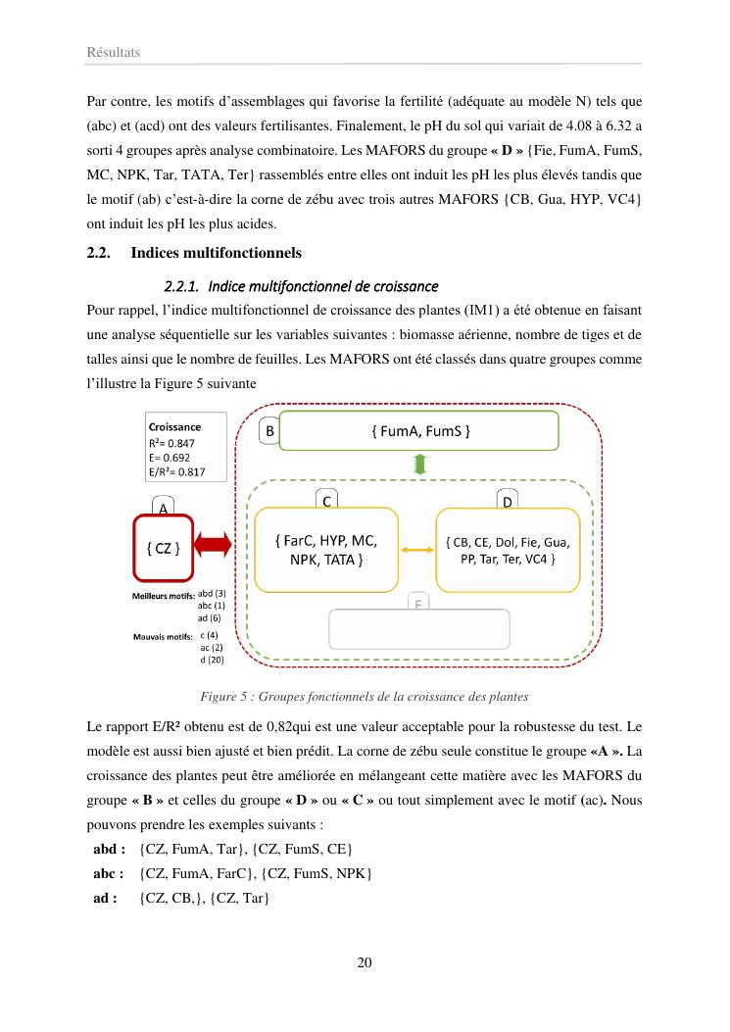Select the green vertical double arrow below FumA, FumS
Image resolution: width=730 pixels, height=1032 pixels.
click(x=420, y=465)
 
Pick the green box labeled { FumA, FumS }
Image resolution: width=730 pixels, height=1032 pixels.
click(x=419, y=430)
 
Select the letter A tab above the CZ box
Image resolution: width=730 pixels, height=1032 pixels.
click(x=164, y=508)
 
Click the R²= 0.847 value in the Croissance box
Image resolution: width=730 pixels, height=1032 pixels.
click(x=171, y=442)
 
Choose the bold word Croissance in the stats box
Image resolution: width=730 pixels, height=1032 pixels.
click(x=174, y=427)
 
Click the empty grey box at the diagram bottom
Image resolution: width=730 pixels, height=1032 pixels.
click(x=419, y=628)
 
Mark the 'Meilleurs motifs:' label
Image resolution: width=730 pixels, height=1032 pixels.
click(x=163, y=596)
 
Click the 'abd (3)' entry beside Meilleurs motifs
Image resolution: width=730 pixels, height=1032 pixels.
click(x=212, y=594)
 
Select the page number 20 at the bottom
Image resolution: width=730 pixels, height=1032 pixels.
click(x=365, y=961)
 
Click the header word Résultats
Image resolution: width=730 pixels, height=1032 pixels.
click(x=114, y=53)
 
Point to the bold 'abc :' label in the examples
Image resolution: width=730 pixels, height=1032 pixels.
click(x=109, y=872)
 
